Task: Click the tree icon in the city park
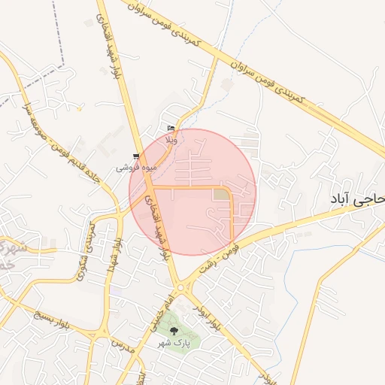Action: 175,330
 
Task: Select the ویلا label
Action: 171,140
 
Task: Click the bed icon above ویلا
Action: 171,129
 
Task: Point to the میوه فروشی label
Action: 131,167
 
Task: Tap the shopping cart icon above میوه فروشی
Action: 135,156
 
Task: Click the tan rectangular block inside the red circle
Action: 221,196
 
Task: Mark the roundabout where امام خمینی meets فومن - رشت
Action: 180,288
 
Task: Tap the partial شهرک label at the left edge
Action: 8,253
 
